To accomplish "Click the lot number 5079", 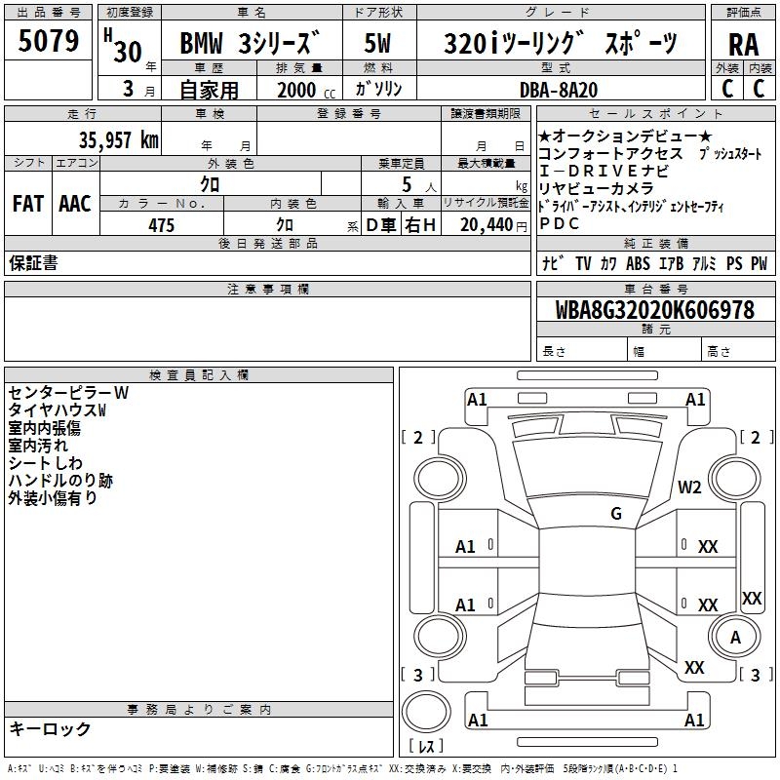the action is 49,42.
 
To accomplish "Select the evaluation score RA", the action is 743,45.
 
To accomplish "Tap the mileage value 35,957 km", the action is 117,140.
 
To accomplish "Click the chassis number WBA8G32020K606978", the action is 655,310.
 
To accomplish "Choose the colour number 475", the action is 161,225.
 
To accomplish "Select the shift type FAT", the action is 27,204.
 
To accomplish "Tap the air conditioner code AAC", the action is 75,204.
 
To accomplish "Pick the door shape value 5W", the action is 378,45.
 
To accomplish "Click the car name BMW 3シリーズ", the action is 251,45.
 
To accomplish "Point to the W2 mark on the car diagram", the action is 690,487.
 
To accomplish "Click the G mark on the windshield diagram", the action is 616,513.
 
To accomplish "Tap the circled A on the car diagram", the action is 735,637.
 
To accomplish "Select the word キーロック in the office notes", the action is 50,729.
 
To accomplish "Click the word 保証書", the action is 33,263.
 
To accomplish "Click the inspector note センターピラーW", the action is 68,393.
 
